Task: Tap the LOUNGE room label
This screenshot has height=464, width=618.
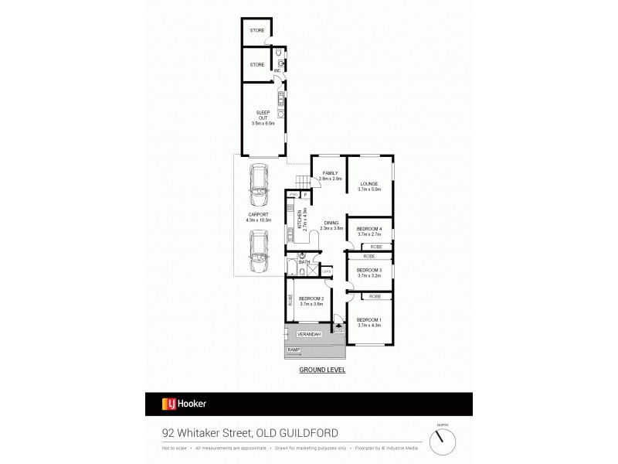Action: (x=368, y=184)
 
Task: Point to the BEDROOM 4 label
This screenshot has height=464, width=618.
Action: (x=368, y=230)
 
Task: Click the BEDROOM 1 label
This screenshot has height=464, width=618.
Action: (x=369, y=319)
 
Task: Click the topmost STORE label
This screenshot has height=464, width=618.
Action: (x=256, y=31)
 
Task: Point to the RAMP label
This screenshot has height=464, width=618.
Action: (x=293, y=350)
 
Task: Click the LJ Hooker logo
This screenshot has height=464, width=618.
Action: (x=183, y=403)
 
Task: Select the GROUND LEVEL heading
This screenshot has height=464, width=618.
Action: (x=321, y=370)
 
